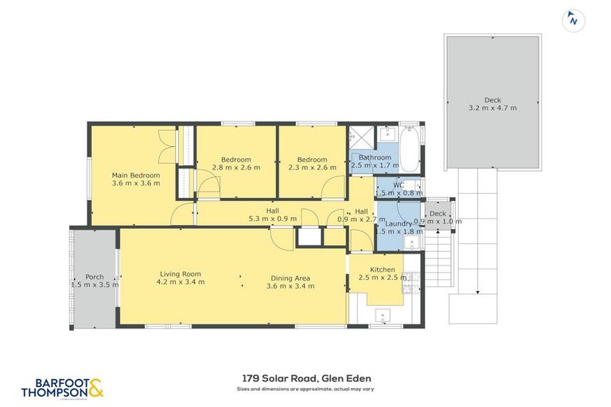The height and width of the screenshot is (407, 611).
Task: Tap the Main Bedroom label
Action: click(x=135, y=176)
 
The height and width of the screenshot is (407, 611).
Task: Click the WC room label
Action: click(x=399, y=185)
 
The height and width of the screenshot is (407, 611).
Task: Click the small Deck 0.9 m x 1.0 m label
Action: click(x=437, y=213)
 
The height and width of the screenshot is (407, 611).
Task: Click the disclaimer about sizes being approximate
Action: click(x=305, y=390)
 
